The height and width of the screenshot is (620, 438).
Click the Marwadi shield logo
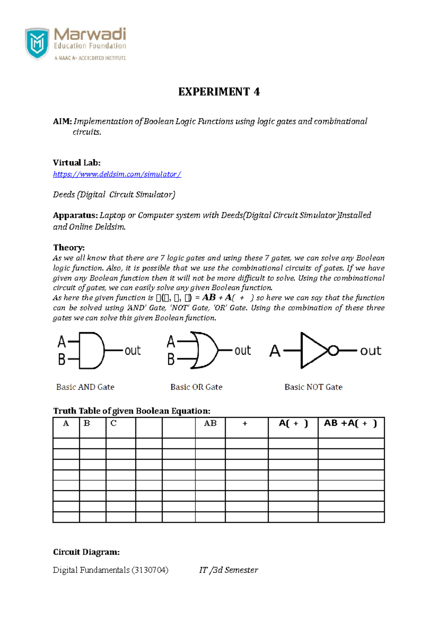pyautogui.click(x=37, y=43)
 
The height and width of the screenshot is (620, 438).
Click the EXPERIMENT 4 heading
pyautogui.click(x=219, y=92)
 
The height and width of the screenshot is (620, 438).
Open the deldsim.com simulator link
pyautogui.click(x=117, y=174)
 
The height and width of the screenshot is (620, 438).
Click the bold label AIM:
pyautogui.click(x=62, y=121)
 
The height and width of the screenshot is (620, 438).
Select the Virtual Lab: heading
pyautogui.click(x=77, y=162)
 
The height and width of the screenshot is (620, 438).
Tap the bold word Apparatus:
pyautogui.click(x=75, y=215)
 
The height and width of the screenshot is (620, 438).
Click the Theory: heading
pyautogui.click(x=69, y=247)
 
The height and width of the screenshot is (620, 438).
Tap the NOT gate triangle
pyautogui.click(x=312, y=351)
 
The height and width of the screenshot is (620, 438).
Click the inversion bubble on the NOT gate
pyautogui.click(x=333, y=351)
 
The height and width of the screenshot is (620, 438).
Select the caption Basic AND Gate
pyautogui.click(x=85, y=387)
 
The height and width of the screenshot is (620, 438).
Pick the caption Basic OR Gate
pyautogui.click(x=196, y=387)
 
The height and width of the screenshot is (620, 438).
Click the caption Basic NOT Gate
pyautogui.click(x=313, y=387)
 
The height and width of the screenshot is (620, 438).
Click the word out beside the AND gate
pyautogui.click(x=132, y=351)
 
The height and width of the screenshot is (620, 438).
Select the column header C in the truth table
pyautogui.click(x=114, y=423)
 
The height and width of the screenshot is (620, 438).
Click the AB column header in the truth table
pyautogui.click(x=210, y=423)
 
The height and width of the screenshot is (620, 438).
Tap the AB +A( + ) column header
pyautogui.click(x=350, y=423)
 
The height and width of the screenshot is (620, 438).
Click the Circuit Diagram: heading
pyautogui.click(x=86, y=552)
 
